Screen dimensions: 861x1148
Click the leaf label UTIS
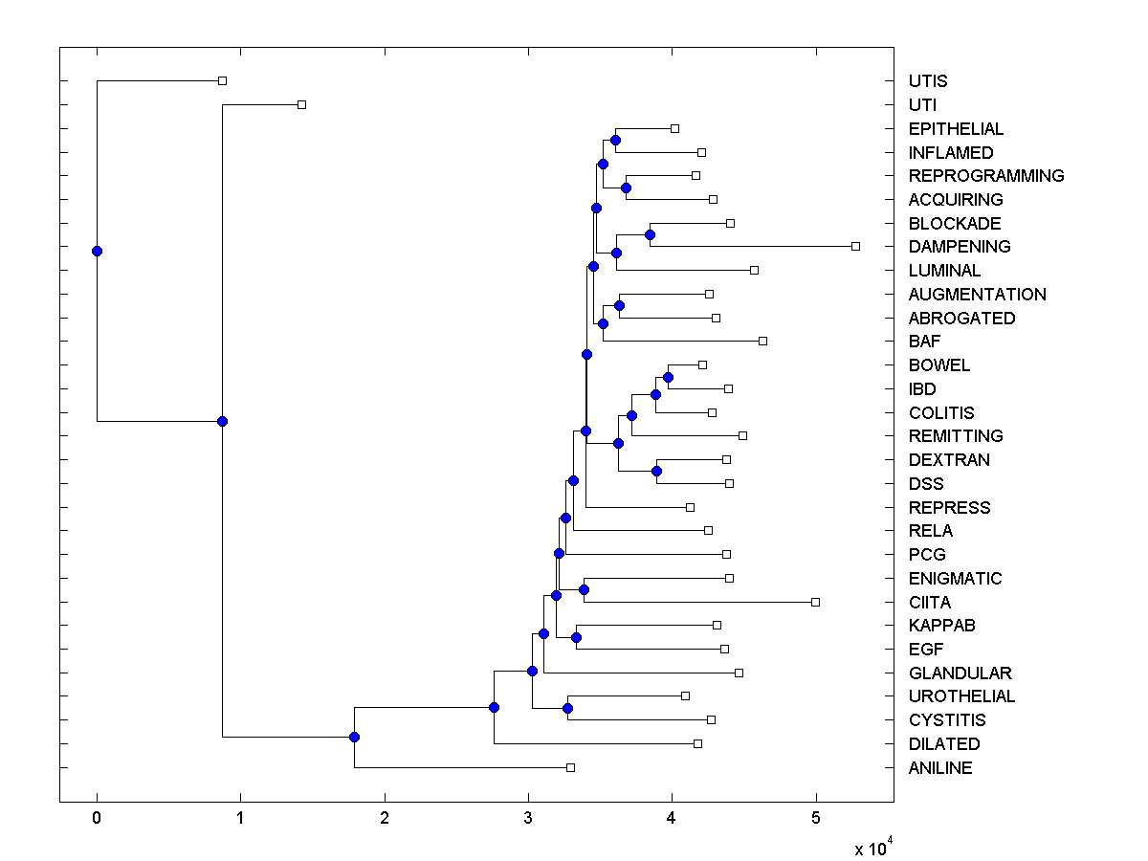(928, 81)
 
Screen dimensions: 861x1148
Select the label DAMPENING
(960, 247)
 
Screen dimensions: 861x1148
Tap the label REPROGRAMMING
(986, 176)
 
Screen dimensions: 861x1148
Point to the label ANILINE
(940, 767)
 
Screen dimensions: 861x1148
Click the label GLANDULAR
(960, 673)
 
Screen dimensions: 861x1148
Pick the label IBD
(922, 388)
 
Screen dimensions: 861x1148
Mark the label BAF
(924, 342)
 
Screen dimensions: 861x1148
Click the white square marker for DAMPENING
(855, 246)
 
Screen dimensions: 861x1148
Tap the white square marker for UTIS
(222, 81)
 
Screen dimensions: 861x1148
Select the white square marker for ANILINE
(570, 767)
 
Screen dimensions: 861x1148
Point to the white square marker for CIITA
(815, 602)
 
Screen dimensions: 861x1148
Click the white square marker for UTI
(301, 104)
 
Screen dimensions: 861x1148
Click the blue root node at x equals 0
(97, 251)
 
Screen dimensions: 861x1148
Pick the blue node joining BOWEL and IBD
(668, 377)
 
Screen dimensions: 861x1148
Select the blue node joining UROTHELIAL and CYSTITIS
(567, 708)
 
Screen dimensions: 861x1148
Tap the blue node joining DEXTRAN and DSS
(656, 471)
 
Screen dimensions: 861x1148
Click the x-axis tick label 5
(816, 818)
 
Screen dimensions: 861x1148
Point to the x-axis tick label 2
(385, 818)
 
